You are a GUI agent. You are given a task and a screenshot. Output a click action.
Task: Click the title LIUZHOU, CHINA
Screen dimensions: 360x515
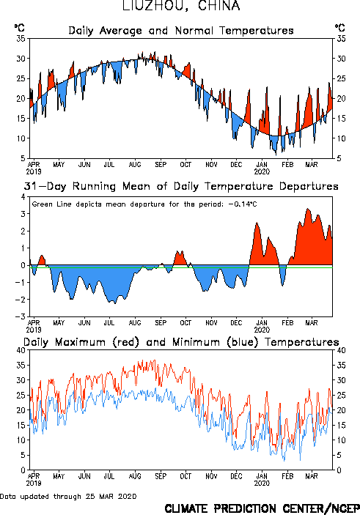181,6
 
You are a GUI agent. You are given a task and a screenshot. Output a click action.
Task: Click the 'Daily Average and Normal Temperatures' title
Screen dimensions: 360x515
181,31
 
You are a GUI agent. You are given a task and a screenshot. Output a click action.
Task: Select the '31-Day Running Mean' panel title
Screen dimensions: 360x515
181,186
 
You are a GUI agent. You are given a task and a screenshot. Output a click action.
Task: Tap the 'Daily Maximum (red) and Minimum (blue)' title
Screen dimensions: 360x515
181,342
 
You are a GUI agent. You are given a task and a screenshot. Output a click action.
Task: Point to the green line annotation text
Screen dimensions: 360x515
144,204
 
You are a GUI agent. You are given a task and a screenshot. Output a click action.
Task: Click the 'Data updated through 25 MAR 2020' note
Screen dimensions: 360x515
68,496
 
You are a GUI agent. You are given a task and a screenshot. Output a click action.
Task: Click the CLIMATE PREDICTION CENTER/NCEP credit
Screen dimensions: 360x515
262,508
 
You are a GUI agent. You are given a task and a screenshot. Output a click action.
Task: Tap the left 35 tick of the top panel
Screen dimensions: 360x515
21,39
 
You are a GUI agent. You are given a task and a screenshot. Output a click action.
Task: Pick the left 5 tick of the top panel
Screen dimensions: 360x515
23,158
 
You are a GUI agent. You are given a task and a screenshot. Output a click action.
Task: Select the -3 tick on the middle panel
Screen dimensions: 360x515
21,316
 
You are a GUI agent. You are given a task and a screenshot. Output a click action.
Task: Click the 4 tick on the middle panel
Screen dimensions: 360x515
23,197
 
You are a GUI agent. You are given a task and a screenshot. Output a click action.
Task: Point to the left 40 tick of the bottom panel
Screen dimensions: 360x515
21,350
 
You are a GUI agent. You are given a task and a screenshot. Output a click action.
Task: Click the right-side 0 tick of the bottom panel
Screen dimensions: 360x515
339,470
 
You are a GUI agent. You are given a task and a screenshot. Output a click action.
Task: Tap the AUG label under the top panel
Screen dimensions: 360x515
134,165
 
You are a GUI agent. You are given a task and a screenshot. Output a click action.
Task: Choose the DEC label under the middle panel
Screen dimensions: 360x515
236,323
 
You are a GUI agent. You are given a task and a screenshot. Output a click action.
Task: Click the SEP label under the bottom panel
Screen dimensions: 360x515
161,476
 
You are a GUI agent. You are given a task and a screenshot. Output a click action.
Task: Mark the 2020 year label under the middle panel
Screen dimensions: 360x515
262,330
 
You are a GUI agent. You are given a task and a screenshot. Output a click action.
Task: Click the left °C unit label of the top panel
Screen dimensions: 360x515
19,28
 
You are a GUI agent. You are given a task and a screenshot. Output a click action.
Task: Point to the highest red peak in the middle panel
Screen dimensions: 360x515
308,208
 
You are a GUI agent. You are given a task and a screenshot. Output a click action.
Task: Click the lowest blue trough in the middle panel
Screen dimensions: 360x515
114,303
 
